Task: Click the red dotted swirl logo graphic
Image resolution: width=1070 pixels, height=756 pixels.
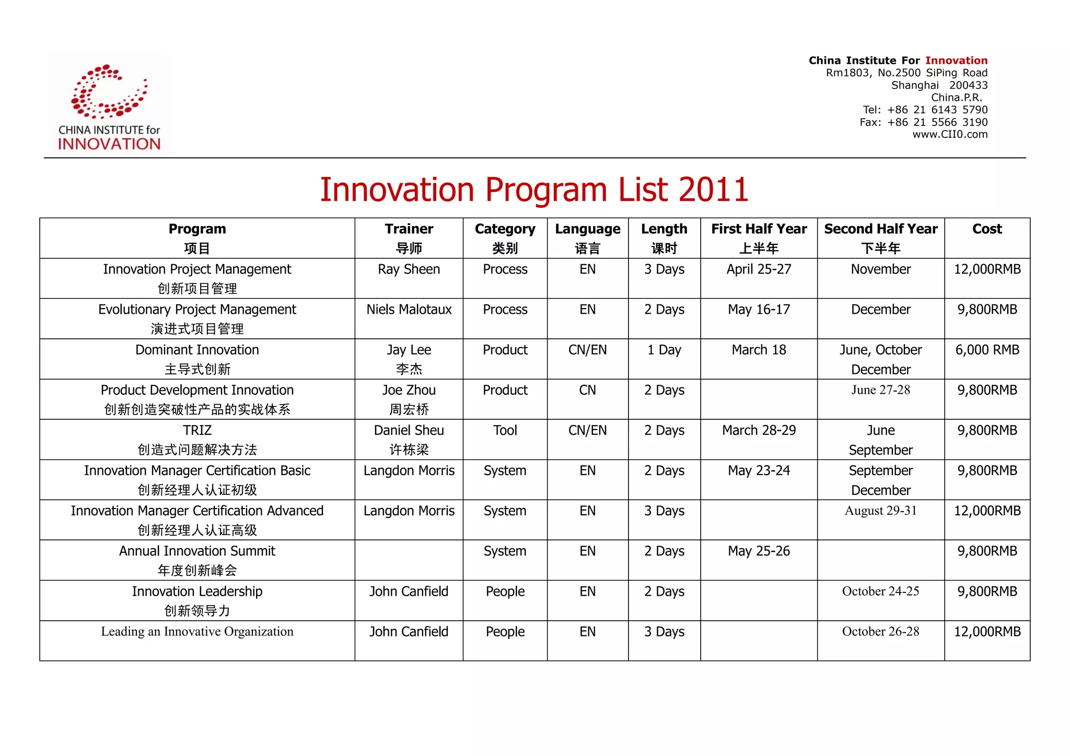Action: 109,91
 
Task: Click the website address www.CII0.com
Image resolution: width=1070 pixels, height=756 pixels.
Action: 950,134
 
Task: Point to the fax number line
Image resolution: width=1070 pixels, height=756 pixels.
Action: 923,122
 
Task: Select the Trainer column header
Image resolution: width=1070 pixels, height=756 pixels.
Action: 409,229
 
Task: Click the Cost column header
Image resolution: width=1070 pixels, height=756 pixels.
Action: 986,229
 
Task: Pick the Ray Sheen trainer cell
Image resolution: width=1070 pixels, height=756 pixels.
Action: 409,269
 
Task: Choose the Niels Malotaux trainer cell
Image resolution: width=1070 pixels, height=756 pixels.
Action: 409,310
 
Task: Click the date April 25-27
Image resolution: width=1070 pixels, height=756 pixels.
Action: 759,269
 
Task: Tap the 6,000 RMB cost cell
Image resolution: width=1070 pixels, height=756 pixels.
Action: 987,350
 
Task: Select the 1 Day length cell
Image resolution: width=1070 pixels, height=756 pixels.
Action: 664,350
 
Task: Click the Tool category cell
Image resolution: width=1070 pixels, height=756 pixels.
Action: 505,430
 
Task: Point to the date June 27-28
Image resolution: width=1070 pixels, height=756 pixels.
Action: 880,390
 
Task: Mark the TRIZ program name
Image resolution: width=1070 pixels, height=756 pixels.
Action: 197,430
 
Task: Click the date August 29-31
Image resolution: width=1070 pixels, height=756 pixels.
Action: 880,511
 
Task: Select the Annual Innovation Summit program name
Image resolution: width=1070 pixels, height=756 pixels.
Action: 197,551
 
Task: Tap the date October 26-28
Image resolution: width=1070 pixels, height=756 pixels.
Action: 880,631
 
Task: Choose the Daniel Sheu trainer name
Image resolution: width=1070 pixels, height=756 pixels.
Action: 409,430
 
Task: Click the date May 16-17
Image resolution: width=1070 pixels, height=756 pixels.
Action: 759,310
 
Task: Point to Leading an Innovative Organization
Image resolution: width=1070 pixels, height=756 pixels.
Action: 197,631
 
